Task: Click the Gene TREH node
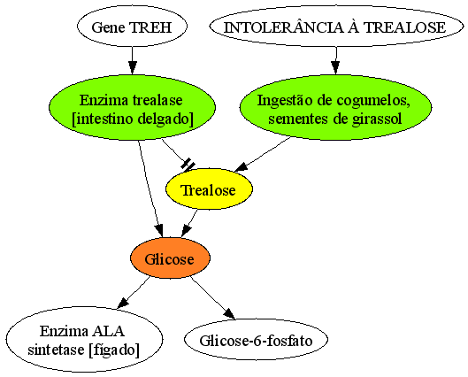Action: tap(132, 27)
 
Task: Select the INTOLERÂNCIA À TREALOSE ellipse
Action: tap(336, 27)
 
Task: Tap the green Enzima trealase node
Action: tap(132, 107)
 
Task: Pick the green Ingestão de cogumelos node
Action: tap(335, 107)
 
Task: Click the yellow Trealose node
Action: tap(209, 189)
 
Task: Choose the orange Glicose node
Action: tap(170, 258)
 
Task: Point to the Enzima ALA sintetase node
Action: tap(84, 340)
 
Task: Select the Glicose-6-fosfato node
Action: tap(256, 340)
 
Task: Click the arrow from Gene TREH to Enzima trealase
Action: tap(132, 60)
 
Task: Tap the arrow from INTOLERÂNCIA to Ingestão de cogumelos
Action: tap(336, 60)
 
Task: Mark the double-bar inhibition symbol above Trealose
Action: tap(188, 165)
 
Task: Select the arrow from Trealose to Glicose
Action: tap(189, 223)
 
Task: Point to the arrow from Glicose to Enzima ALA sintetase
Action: tap(134, 292)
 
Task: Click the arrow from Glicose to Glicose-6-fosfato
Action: tap(213, 297)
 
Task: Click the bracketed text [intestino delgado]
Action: tap(133, 119)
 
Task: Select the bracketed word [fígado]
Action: tap(114, 350)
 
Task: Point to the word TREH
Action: tap(150, 27)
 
